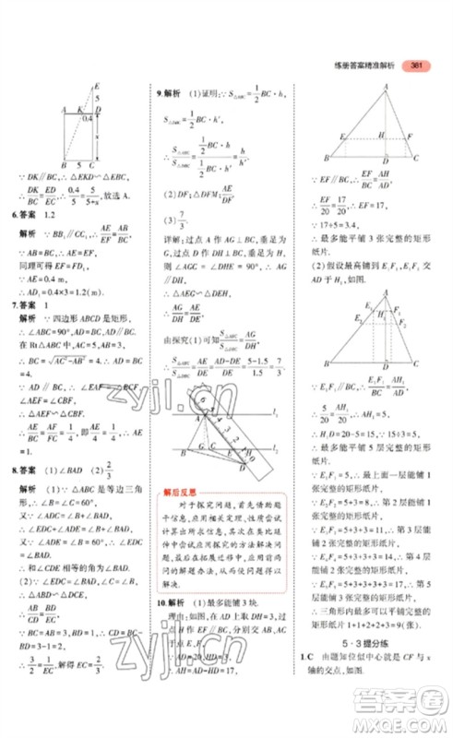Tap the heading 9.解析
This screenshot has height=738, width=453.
168,94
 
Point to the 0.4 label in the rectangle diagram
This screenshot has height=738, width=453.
85,117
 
